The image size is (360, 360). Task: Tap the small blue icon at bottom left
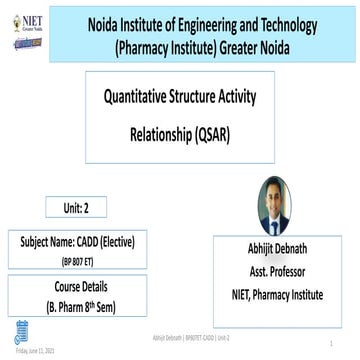(x=21, y=332)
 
